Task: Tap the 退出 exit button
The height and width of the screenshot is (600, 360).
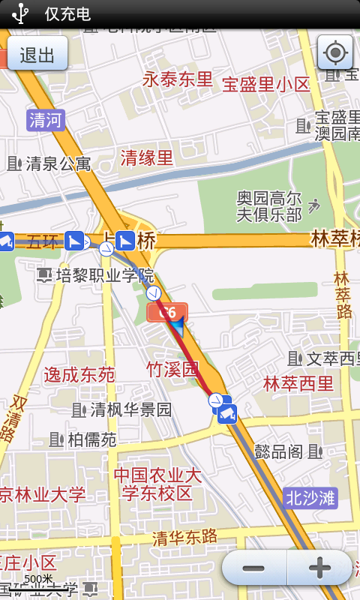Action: pos(37,55)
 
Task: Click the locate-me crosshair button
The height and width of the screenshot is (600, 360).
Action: pos(335,52)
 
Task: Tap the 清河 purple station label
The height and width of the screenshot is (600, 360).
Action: pos(46,120)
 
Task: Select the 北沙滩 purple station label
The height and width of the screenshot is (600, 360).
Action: pos(310,496)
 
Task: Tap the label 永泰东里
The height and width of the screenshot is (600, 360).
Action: pos(178,79)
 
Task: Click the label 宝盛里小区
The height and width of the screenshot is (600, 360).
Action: pos(266,84)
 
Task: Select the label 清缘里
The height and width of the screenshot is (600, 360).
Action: pos(147,157)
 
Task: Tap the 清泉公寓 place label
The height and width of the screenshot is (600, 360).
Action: pos(58,163)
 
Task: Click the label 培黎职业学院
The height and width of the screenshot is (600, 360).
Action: pos(105,275)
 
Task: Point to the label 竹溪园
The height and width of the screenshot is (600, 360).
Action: pos(172,369)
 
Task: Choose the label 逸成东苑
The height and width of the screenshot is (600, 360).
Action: pos(79,374)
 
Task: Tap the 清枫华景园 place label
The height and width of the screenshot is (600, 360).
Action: pos(130,409)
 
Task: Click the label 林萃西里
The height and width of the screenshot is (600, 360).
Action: pos(298,384)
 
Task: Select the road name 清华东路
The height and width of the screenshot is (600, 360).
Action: pos(184,537)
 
